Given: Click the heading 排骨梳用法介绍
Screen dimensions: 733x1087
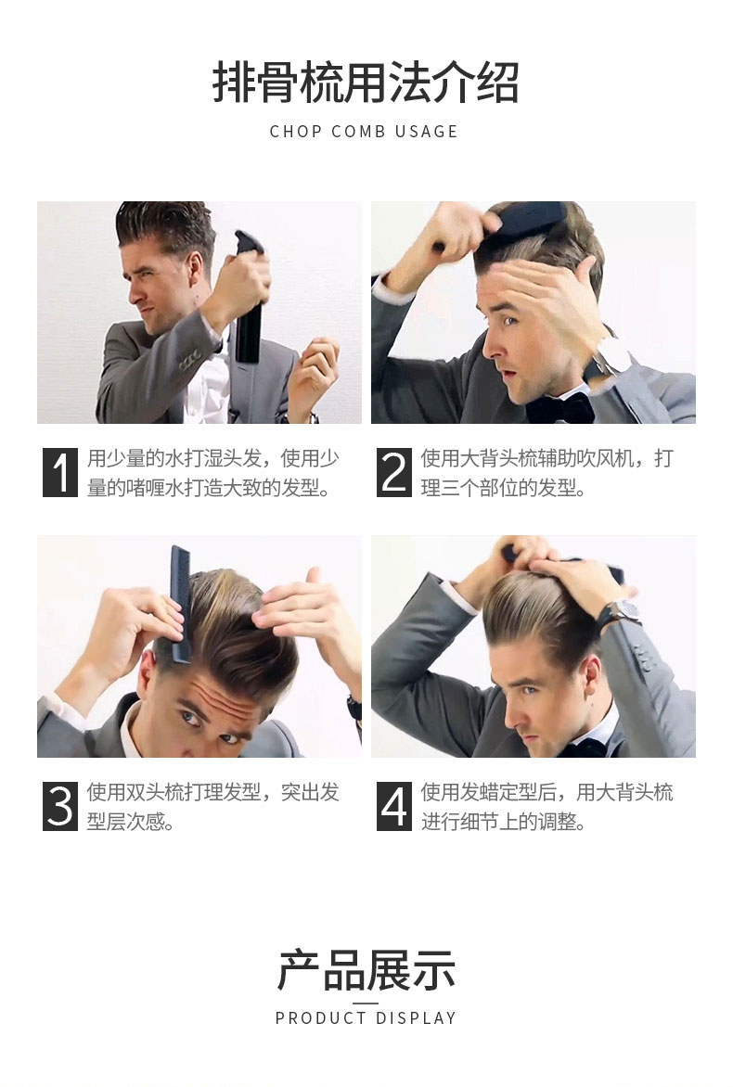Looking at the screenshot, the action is tap(366, 82).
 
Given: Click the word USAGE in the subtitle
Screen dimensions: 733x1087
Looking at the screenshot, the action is tap(426, 131).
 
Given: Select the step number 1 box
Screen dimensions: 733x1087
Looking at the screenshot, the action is tap(60, 472).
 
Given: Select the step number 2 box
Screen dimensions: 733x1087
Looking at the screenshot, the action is tap(394, 472).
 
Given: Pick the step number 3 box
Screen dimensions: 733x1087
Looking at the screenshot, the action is tap(60, 806).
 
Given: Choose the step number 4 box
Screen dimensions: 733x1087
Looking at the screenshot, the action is tap(394, 806).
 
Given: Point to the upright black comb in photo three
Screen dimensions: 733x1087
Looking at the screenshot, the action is tap(179, 603).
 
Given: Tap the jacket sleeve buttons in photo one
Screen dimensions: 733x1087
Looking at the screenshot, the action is tap(190, 358).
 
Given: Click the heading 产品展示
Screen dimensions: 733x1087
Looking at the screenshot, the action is tap(366, 970).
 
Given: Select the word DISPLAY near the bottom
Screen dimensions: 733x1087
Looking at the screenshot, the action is tap(416, 1018).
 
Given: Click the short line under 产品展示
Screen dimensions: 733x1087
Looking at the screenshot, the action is tap(366, 1003).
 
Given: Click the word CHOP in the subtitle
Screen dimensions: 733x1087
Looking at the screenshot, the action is tap(295, 131).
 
